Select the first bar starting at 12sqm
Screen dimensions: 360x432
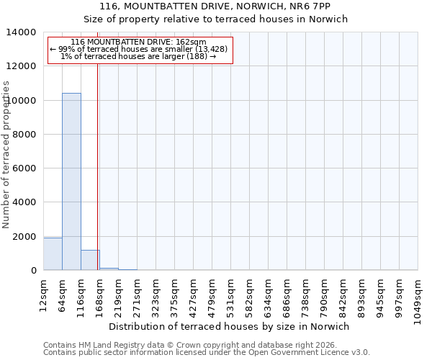coord(53,253)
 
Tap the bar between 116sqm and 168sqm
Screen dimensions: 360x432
coord(90,260)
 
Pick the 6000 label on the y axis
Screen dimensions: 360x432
coord(24,168)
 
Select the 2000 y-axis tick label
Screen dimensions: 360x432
coord(24,237)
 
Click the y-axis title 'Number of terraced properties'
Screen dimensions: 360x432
coord(6,155)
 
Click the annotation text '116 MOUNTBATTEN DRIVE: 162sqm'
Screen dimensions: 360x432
coord(139,42)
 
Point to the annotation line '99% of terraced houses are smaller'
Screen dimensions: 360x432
coord(139,49)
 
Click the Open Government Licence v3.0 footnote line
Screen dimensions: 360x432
coord(207,352)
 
